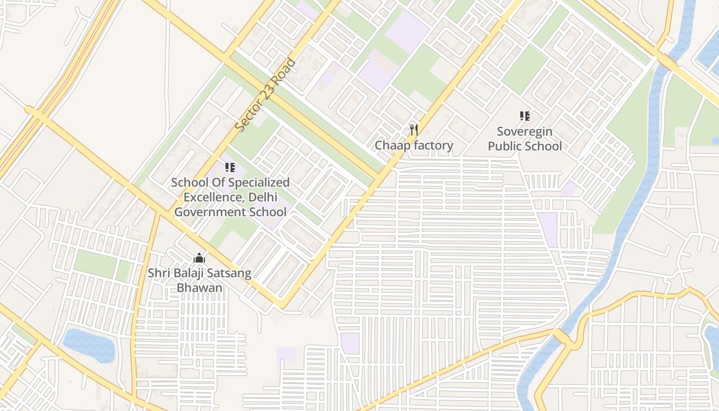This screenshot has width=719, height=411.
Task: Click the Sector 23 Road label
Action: [x=266, y=95]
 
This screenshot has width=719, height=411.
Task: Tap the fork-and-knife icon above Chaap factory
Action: [x=414, y=129]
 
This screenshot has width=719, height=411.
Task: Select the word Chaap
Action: [x=393, y=145]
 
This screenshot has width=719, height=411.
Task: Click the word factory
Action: [x=433, y=145]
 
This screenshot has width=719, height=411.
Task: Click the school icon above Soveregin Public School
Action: [x=524, y=116]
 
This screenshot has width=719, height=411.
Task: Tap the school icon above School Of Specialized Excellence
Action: [x=230, y=167]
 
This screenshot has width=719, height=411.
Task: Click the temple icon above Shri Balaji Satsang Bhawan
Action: [x=199, y=258]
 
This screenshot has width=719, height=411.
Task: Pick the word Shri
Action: [x=159, y=273]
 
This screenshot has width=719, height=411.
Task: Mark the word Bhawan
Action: [x=200, y=287]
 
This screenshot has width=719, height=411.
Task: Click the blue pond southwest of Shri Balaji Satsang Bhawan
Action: [x=89, y=344]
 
